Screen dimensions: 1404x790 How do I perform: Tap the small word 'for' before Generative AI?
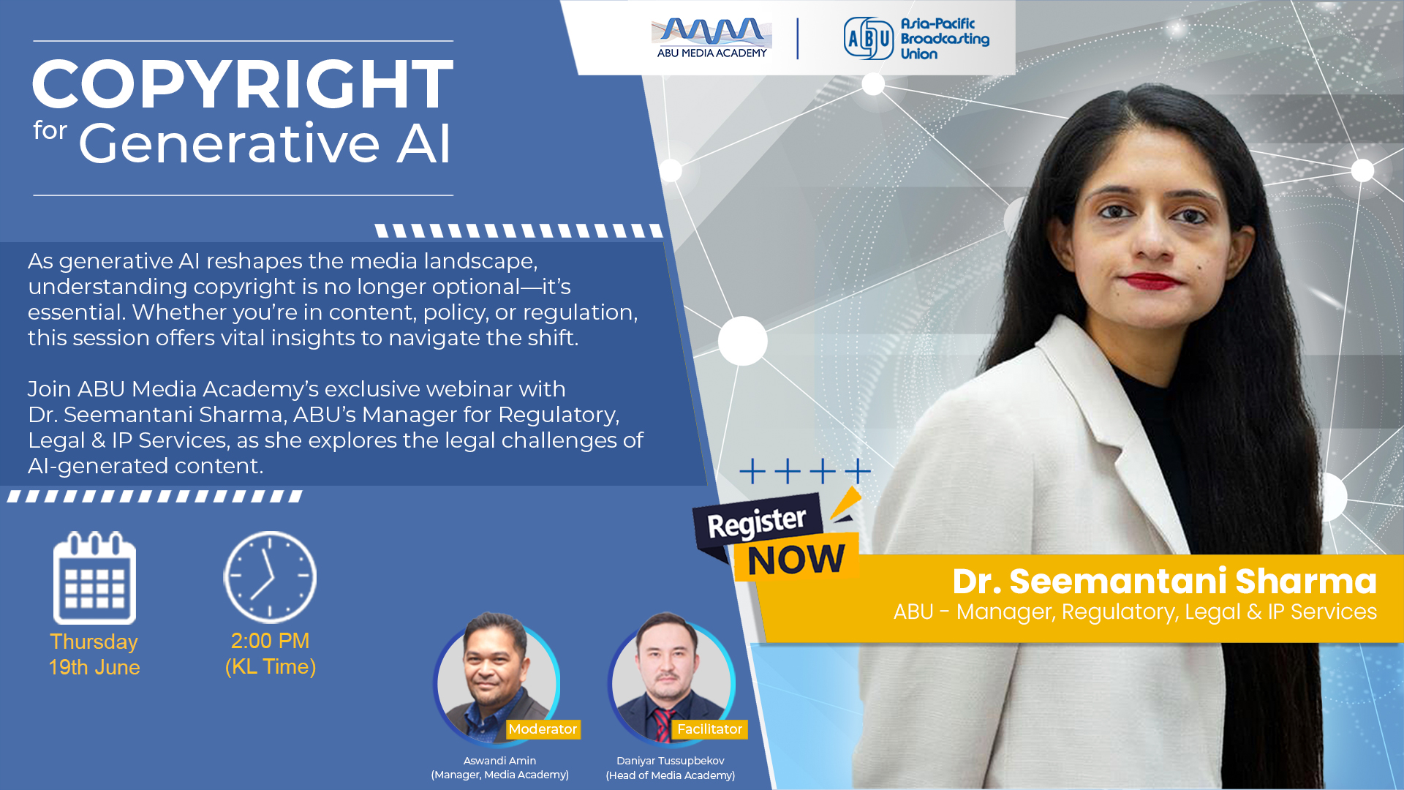[x=50, y=130]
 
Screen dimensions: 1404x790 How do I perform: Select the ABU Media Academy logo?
[x=712, y=38]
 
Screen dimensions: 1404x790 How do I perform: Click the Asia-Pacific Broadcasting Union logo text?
[x=945, y=39]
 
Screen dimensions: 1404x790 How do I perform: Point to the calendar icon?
[x=94, y=578]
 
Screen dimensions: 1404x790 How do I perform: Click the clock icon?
[x=270, y=577]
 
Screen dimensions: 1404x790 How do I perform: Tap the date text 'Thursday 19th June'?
[x=94, y=655]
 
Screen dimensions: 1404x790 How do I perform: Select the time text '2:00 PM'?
[x=271, y=641]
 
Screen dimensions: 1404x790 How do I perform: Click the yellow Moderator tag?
[x=543, y=729]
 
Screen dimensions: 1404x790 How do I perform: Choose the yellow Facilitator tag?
[x=709, y=729]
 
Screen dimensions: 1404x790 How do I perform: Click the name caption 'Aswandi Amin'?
[x=499, y=761]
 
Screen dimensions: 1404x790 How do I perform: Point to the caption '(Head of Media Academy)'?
[x=671, y=775]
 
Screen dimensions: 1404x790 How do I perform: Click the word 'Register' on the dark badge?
[x=757, y=522]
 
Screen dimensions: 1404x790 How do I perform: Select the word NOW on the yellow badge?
[x=796, y=560]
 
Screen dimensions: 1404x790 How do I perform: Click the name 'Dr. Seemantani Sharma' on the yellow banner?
[x=1164, y=582]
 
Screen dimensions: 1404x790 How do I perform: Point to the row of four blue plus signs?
[x=805, y=471]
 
